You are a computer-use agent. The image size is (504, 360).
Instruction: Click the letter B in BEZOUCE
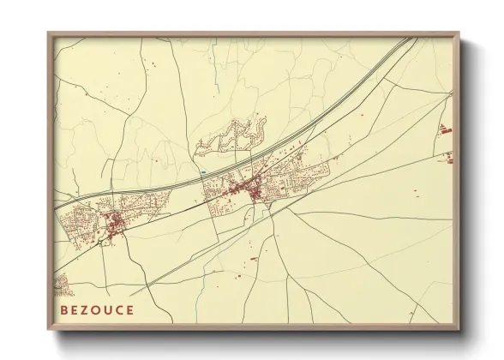point(64,309)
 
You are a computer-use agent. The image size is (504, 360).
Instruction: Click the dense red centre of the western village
point(115,225)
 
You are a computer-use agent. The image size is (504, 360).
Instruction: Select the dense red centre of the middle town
point(255,190)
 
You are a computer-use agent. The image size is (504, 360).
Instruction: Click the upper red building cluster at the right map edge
point(445,129)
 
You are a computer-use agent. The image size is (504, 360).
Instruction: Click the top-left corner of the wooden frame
point(49,33)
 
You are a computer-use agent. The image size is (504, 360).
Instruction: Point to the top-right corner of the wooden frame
point(459,33)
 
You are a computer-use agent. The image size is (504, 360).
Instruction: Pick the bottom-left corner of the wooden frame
point(49,329)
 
